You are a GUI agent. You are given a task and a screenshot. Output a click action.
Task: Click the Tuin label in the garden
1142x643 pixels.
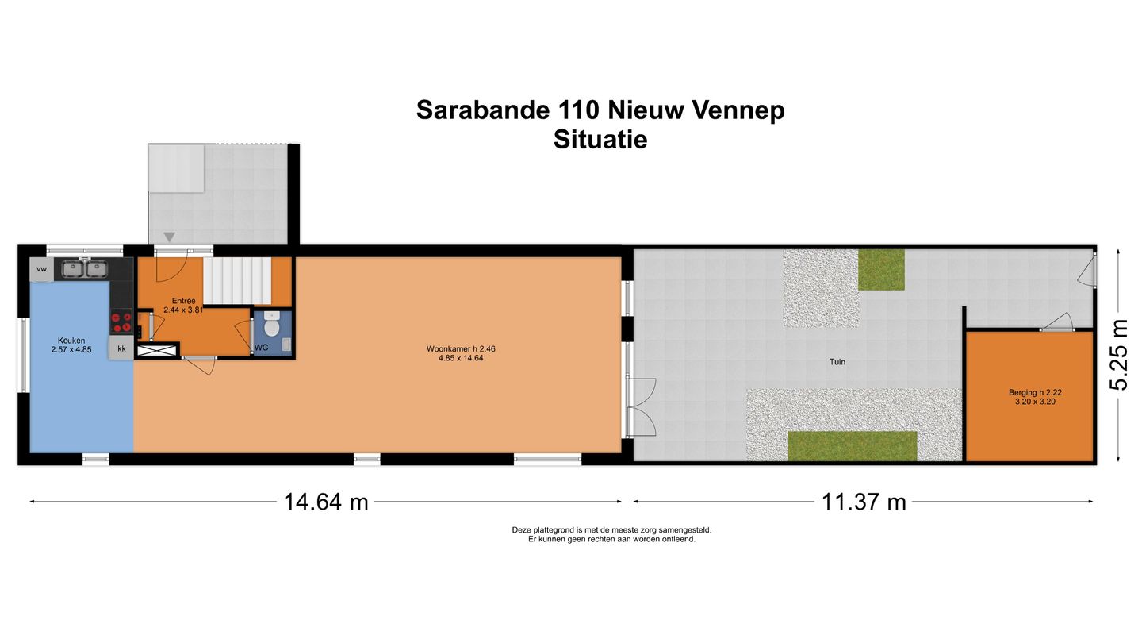pos(837,362)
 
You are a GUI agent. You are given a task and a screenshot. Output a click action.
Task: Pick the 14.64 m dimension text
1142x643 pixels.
pos(326,502)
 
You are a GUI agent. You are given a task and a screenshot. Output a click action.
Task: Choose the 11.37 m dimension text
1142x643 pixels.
pos(864,502)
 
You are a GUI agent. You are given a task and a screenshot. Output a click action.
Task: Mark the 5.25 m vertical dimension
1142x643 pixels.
pos(1118,354)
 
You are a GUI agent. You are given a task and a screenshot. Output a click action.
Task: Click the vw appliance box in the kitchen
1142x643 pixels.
pos(41,269)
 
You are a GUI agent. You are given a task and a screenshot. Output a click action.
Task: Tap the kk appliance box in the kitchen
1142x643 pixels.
pos(121,348)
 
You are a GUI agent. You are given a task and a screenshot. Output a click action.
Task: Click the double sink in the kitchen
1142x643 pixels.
pos(85,268)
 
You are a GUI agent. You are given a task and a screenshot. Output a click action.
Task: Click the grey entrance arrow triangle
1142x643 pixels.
pos(169,237)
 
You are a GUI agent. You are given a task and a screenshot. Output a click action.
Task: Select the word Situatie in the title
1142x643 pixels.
pos(600,140)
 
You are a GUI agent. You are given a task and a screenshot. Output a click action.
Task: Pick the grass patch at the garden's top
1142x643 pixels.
pos(881,270)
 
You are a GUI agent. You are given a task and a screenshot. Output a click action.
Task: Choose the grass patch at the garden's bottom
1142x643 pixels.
pos(853,446)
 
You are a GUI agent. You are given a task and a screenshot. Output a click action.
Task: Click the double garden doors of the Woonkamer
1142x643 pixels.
pos(641,407)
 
